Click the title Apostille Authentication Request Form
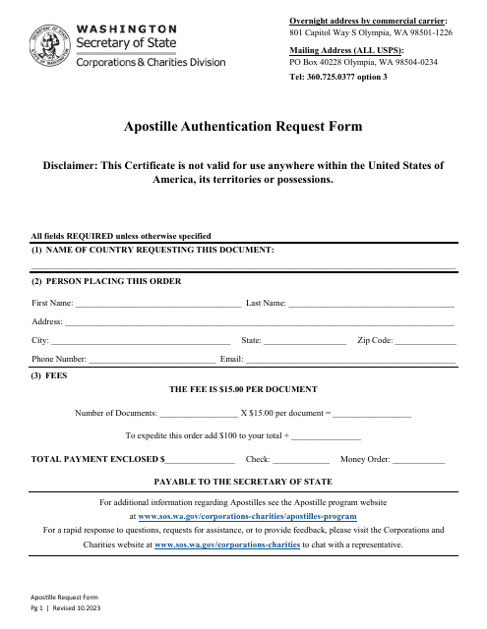click(x=242, y=126)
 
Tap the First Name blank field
click(x=156, y=306)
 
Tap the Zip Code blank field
click(x=425, y=342)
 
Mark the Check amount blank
click(x=300, y=460)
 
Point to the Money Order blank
click(x=419, y=460)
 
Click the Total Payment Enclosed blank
click(x=200, y=460)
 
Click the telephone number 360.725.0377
click(x=338, y=76)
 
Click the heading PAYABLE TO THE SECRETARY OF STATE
click(x=243, y=482)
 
